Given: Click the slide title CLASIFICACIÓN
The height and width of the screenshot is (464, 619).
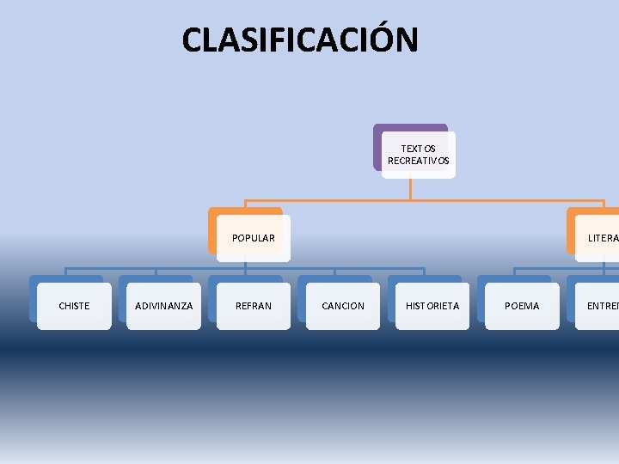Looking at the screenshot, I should (x=300, y=40).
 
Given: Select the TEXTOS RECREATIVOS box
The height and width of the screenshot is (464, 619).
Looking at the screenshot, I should (x=418, y=155).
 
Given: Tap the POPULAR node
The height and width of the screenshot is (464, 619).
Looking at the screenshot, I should (x=253, y=238).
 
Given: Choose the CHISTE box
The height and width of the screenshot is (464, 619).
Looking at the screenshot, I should (x=74, y=306).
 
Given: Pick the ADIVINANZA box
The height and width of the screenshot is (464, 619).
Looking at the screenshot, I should (x=163, y=306).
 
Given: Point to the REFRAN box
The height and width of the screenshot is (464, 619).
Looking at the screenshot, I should (x=253, y=306).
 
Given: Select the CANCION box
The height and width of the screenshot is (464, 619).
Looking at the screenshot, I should (x=342, y=306).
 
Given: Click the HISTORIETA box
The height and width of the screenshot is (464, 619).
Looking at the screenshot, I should (x=432, y=306).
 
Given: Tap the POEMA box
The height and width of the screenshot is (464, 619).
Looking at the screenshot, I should (x=522, y=306).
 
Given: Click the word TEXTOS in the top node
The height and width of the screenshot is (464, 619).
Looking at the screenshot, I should (x=418, y=149).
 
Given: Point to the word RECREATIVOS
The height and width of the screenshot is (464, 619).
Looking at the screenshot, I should (x=418, y=161).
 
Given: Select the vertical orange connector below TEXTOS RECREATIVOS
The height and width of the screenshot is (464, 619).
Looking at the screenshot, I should (x=410, y=189).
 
